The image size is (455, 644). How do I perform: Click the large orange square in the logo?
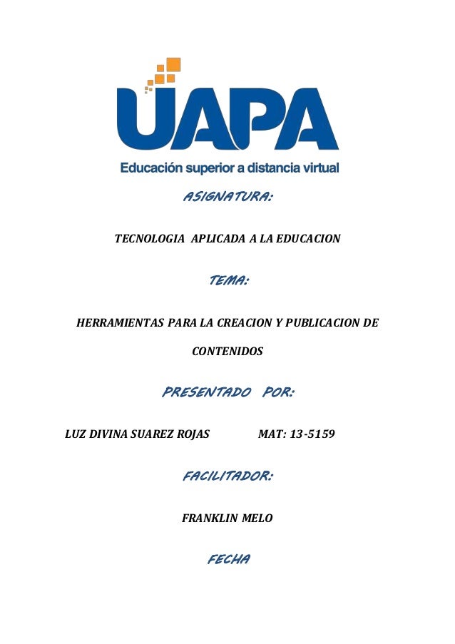tap(172, 65)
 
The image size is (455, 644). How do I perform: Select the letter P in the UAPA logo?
tap(258, 121)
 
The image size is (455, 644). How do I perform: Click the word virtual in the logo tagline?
tap(317, 169)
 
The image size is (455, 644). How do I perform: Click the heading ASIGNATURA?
tap(228, 197)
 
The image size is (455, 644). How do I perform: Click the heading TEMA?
tap(227, 282)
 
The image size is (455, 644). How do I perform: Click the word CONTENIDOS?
tap(227, 352)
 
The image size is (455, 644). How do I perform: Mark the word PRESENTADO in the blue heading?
tap(207, 392)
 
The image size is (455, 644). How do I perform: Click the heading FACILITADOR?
tap(227, 476)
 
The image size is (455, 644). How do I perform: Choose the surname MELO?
tap(255, 518)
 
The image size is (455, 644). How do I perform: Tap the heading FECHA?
tap(227, 560)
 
